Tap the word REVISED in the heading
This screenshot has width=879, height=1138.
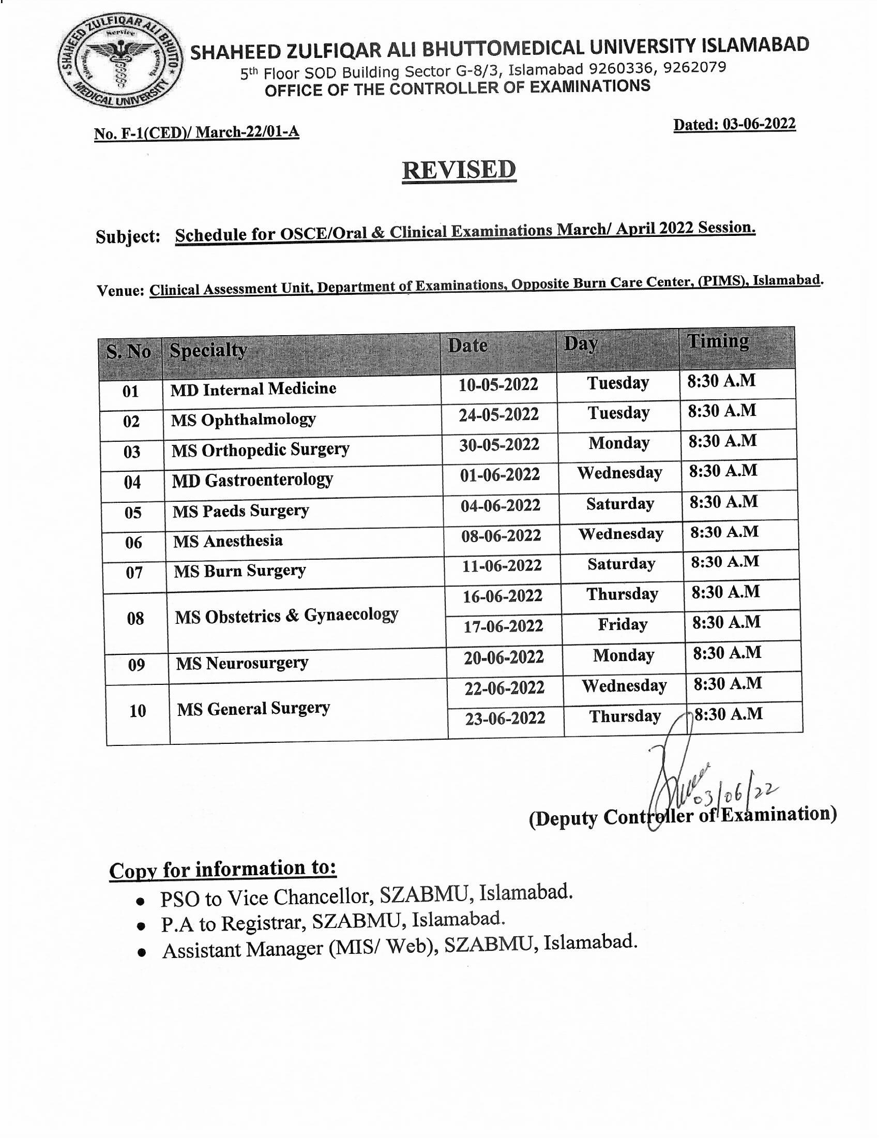pyautogui.click(x=459, y=170)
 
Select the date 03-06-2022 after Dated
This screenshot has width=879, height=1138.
pyautogui.click(x=759, y=124)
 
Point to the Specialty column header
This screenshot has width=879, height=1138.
pyautogui.click(x=208, y=350)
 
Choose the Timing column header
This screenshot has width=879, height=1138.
pyautogui.click(x=718, y=341)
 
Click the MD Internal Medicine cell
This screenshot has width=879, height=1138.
pyautogui.click(x=253, y=388)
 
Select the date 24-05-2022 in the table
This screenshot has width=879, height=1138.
pyautogui.click(x=498, y=415)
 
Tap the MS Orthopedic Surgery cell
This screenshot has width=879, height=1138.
pyautogui.click(x=261, y=449)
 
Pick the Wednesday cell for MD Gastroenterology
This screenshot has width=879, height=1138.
pyautogui.click(x=619, y=473)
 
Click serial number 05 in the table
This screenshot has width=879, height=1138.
pyautogui.click(x=133, y=513)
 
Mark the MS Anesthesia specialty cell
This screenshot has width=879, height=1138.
pyautogui.click(x=228, y=541)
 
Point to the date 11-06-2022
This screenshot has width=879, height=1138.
pyautogui.click(x=502, y=565)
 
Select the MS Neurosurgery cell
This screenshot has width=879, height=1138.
pyautogui.click(x=242, y=663)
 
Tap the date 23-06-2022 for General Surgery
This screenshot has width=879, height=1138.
pyautogui.click(x=505, y=718)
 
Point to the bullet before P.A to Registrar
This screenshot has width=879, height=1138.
pyautogui.click(x=140, y=926)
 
